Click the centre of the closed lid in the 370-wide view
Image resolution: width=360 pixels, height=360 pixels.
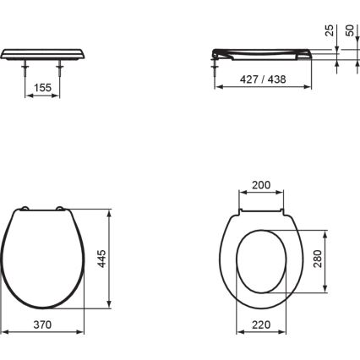pos(46,258)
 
